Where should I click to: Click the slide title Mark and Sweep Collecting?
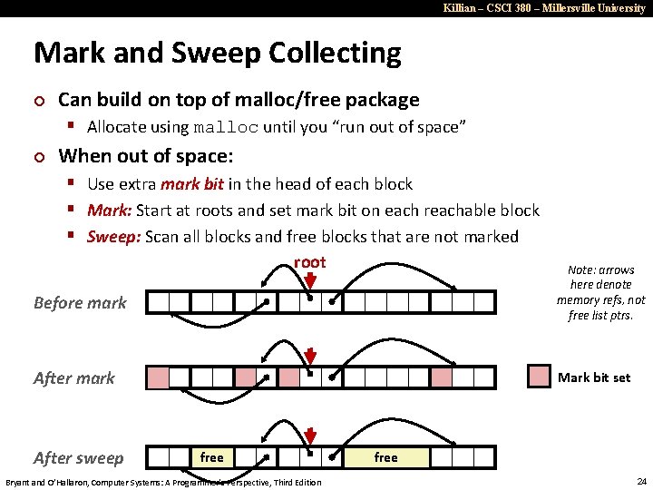pos(217,53)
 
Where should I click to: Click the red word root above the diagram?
pos(309,262)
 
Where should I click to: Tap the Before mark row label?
pos(80,302)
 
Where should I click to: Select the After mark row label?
pos(74,377)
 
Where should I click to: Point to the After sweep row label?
pos(79,457)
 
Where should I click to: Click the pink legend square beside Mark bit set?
pos(539,377)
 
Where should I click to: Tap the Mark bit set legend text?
pos(594,377)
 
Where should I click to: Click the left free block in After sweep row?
pos(211,457)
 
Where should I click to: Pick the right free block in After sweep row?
pos(385,457)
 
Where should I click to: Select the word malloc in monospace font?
pos(226,127)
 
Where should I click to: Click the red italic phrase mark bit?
pos(192,184)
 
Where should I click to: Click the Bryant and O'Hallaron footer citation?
pos(163,481)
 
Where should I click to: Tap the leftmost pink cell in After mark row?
pos(159,377)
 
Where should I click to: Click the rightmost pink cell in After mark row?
pos(442,377)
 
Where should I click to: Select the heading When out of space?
pos(145,155)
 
